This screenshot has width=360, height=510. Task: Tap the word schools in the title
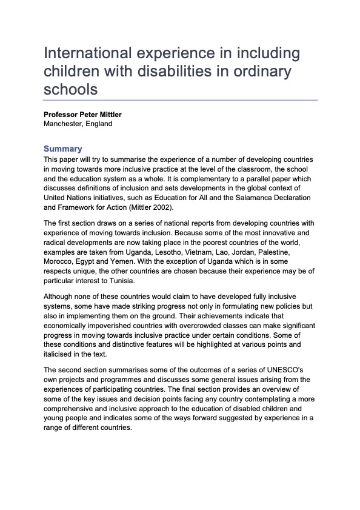point(70,89)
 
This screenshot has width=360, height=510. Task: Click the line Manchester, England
point(78,124)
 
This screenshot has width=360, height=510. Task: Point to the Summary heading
point(62,149)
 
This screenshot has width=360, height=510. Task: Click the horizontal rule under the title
point(180,100)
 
